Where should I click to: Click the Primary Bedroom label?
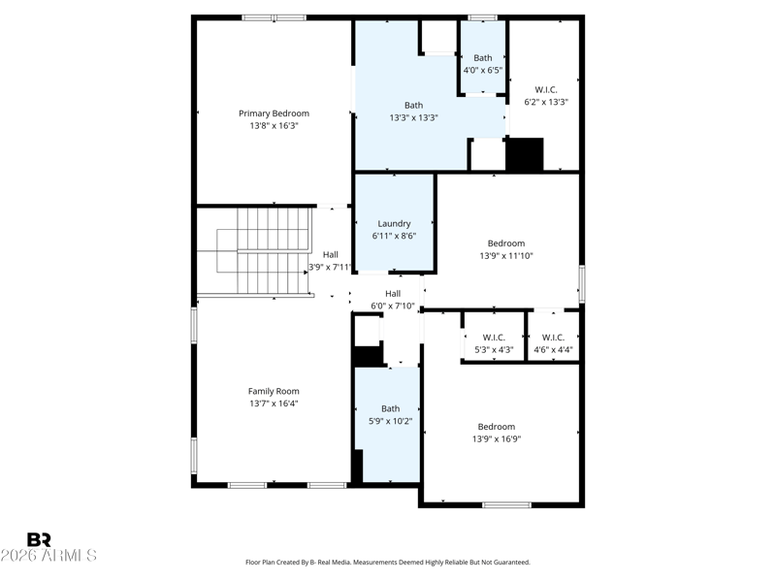click(274, 113)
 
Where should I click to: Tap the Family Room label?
click(274, 391)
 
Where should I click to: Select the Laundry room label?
click(394, 224)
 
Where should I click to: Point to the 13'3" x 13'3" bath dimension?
click(414, 117)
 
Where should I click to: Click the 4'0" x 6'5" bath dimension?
click(483, 70)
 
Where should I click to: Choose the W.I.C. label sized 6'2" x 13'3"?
click(546, 89)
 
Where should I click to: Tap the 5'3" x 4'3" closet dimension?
click(494, 349)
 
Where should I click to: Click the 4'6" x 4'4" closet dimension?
click(553, 349)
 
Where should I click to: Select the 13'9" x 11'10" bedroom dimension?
click(506, 256)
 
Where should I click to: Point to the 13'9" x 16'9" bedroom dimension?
click(497, 439)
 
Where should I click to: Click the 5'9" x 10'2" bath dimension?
click(391, 421)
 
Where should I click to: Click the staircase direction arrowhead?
click(307, 273)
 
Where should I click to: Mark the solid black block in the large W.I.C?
click(526, 154)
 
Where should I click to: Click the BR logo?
click(39, 539)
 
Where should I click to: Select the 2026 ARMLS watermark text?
click(48, 555)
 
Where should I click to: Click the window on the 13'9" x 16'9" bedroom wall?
click(506, 505)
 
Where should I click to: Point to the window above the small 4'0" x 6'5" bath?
click(482, 17)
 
